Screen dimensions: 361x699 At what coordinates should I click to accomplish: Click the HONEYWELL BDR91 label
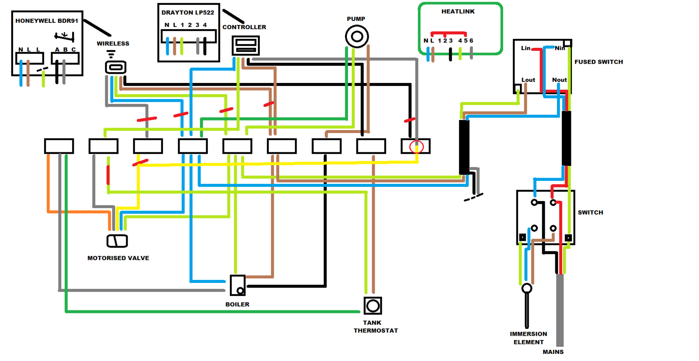point(47,21)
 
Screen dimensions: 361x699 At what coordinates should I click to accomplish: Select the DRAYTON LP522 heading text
point(188,12)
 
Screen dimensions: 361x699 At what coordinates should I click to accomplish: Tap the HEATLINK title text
point(458,11)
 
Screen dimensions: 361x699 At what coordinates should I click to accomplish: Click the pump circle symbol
point(357,36)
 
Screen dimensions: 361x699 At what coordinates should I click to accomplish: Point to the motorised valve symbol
point(117,241)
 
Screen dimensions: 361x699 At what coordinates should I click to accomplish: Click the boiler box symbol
point(238,285)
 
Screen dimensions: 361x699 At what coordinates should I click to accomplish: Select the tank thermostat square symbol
point(373,306)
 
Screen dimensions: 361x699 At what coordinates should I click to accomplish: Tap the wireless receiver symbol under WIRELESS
point(116,67)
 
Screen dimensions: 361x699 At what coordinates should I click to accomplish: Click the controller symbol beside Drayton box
point(246,45)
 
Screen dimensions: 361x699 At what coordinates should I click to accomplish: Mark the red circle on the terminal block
point(416,147)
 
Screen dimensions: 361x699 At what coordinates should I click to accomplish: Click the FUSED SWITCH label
point(599,62)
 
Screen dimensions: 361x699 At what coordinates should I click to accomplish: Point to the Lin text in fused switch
point(526,48)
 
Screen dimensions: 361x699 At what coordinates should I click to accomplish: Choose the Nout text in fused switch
point(559,80)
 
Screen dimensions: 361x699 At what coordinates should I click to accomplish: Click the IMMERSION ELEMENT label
point(528,338)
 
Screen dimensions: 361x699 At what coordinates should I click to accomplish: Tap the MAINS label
point(553,352)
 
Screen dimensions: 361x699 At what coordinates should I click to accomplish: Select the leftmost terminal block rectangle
point(59,146)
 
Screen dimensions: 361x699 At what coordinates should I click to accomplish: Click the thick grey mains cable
point(560,310)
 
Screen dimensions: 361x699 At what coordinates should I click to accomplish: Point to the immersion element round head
point(527,288)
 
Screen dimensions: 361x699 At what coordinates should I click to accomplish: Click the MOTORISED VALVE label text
point(118,258)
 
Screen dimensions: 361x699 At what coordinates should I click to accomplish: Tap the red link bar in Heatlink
point(448,33)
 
